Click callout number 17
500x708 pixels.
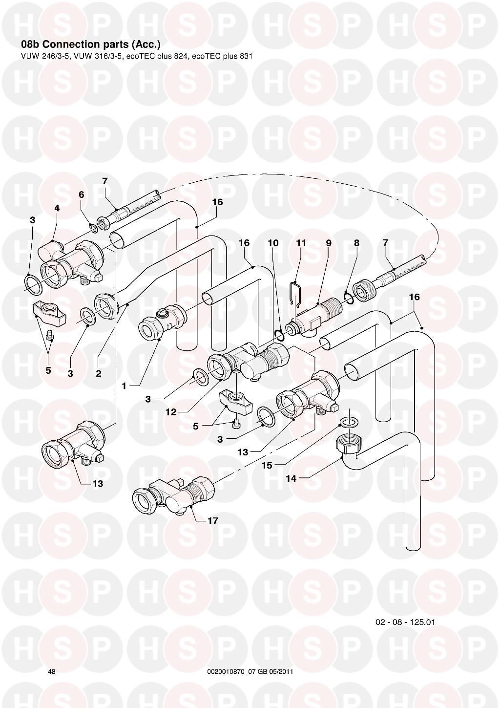pyautogui.click(x=213, y=520)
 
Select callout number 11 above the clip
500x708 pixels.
pyautogui.click(x=301, y=243)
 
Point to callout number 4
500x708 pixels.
pyautogui.click(x=57, y=208)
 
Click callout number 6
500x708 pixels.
pyautogui.click(x=82, y=194)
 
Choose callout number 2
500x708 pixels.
pyautogui.click(x=99, y=373)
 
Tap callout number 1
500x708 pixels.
pyautogui.click(x=124, y=386)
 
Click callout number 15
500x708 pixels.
pyautogui.click(x=267, y=466)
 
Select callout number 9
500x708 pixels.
pyautogui.click(x=329, y=243)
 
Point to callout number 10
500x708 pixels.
pyautogui.click(x=273, y=243)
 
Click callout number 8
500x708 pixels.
pyautogui.click(x=356, y=243)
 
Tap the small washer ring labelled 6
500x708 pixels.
pyautogui.click(x=93, y=228)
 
